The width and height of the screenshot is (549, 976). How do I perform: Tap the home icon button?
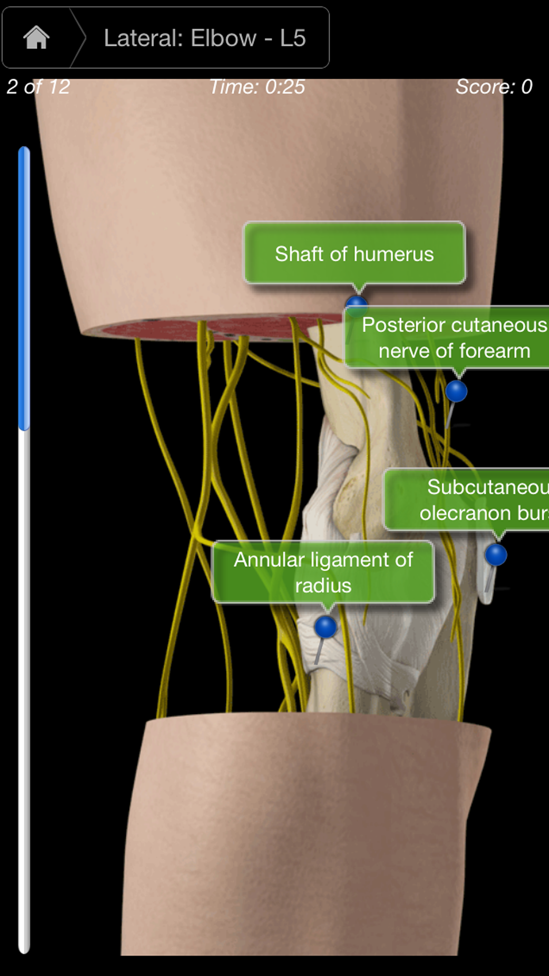point(36,38)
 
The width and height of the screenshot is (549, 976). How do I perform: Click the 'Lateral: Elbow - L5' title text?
point(204,38)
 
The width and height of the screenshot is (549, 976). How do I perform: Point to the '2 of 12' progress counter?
point(38,87)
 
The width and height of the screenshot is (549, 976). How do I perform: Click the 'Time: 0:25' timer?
point(257,87)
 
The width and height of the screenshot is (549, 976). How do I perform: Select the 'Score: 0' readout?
point(494,87)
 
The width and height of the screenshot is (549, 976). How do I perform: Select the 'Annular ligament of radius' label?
point(323,572)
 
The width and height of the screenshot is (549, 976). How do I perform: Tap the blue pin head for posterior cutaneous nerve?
point(456,391)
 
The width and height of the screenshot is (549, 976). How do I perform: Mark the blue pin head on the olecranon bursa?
point(496,554)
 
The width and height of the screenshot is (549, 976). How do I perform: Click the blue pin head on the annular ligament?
point(326,627)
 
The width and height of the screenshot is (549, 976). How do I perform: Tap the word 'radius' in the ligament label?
point(323,586)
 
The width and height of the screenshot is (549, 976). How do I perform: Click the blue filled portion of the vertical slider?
point(24,287)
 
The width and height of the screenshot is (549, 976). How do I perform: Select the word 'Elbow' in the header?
point(223,38)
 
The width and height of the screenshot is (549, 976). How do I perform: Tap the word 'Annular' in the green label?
point(269,560)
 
